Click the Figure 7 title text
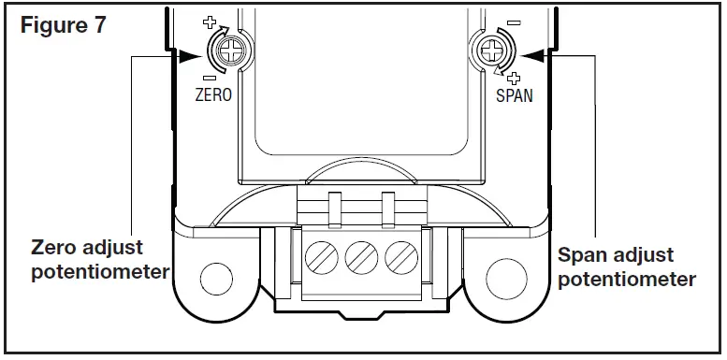pos(63,25)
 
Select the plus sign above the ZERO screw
pos(209,22)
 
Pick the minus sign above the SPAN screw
pos(514,22)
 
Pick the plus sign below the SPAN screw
pos(513,78)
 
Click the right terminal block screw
pos(400,256)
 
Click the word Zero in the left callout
pos(54,250)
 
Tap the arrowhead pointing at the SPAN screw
pos(530,55)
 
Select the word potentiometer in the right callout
pos(626,279)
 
